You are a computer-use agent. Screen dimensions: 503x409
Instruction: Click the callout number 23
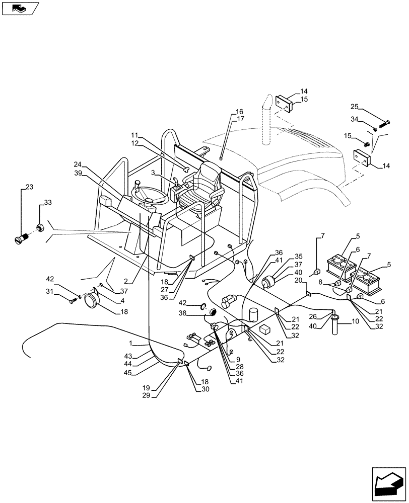[x=29, y=188]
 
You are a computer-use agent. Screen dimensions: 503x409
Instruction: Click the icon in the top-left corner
[x=20, y=8]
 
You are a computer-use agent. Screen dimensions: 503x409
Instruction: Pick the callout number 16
[x=239, y=112]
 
